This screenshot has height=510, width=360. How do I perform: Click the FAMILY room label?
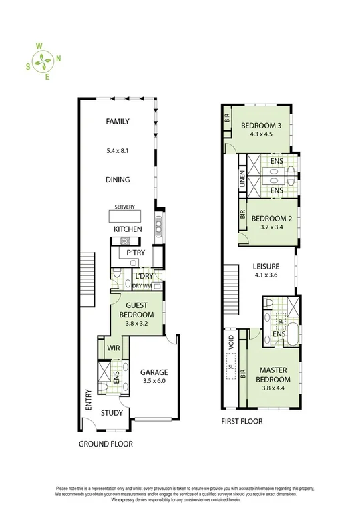pyautogui.click(x=117, y=122)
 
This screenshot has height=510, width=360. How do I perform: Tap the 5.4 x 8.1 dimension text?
pyautogui.click(x=117, y=150)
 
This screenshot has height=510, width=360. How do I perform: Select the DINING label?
pyautogui.click(x=117, y=180)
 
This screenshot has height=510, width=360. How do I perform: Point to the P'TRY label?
pyautogui.click(x=136, y=253)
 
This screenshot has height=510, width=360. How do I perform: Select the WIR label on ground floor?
pyautogui.click(x=113, y=348)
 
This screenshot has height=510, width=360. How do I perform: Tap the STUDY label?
pyautogui.click(x=112, y=413)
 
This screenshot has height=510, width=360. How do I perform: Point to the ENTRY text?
pyautogui.click(x=87, y=399)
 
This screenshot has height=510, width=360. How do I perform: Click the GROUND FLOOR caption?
pyautogui.click(x=106, y=444)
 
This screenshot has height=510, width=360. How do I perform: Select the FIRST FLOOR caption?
pyautogui.click(x=242, y=422)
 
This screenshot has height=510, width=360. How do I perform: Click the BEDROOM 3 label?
pyautogui.click(x=261, y=126)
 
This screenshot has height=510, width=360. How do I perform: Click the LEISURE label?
pyautogui.click(x=264, y=265)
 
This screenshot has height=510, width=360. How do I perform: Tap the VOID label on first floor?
pyautogui.click(x=232, y=344)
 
